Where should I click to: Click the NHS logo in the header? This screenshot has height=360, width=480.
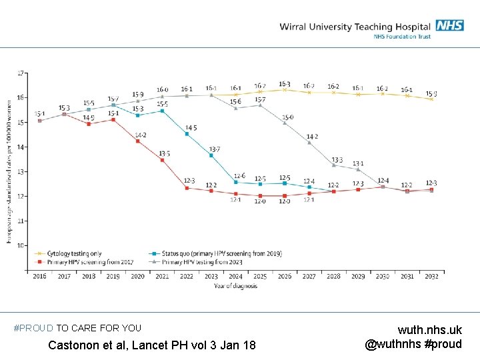click(x=449, y=25)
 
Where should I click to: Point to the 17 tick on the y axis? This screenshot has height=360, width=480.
click(x=21, y=73)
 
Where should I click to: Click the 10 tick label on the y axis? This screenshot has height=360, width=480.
click(x=21, y=245)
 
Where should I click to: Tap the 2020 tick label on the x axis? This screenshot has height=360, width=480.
click(x=138, y=276)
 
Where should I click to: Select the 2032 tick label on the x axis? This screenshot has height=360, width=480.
click(x=431, y=276)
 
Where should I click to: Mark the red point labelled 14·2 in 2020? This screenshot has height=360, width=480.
click(x=138, y=141)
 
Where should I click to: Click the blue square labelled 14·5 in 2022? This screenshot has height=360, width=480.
click(x=187, y=134)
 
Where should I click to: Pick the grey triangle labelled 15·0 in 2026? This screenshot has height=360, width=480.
click(x=285, y=123)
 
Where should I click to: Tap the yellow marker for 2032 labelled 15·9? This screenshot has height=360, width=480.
click(x=431, y=99)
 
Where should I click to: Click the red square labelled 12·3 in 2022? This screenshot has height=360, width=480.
click(x=187, y=188)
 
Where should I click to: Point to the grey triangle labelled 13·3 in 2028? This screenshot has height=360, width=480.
click(x=333, y=165)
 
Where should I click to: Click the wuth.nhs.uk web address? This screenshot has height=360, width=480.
click(x=429, y=330)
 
